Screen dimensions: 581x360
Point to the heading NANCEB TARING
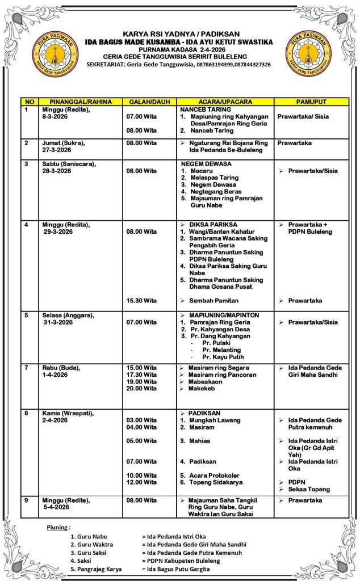coord(206,109)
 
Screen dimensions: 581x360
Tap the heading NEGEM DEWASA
coord(205,163)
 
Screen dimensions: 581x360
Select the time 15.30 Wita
coord(141,300)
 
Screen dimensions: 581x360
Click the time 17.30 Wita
coord(141,374)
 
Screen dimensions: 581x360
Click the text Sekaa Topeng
coord(309,489)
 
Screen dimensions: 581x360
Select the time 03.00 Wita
coord(141,420)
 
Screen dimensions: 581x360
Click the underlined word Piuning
coord(58,527)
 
